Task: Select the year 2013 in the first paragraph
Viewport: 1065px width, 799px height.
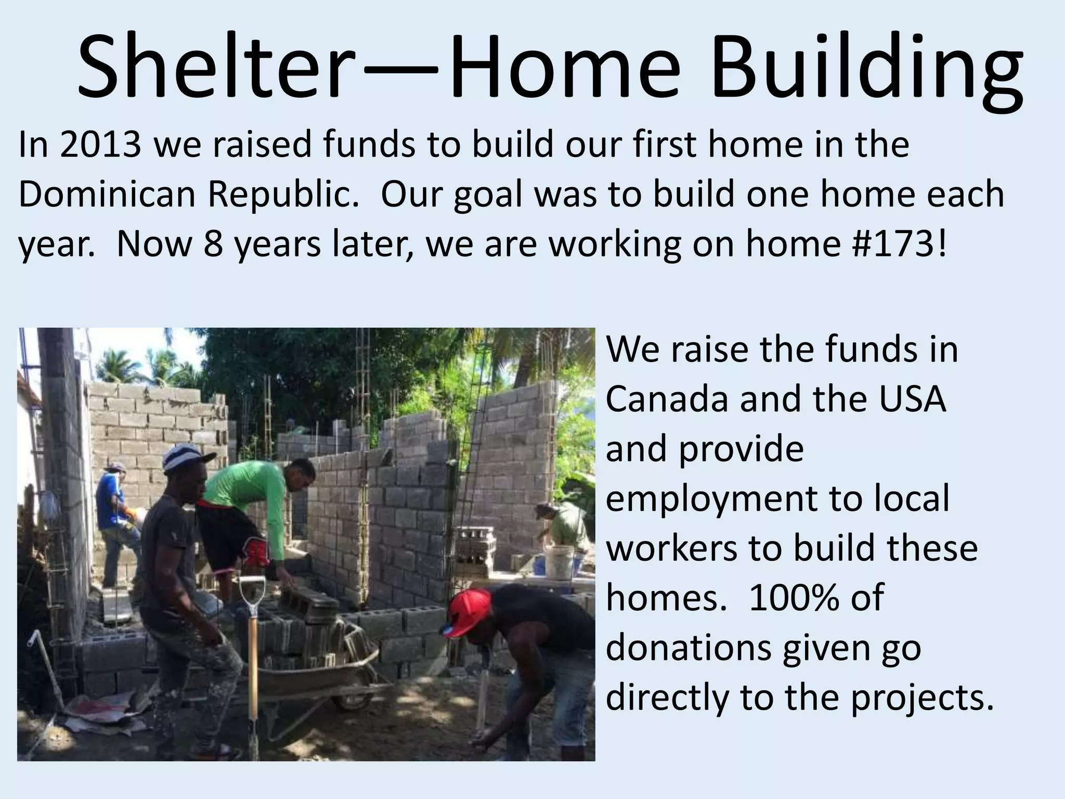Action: (x=100, y=145)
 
